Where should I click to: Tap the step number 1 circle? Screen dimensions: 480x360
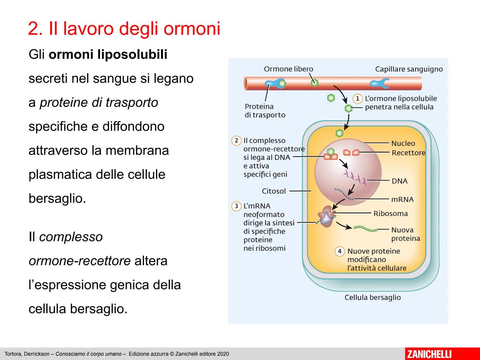358,99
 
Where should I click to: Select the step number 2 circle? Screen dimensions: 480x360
236,140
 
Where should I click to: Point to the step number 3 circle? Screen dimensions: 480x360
236,206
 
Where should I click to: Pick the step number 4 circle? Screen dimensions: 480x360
340,251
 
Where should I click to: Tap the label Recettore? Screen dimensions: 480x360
408,153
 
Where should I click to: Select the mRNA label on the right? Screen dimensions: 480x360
402,199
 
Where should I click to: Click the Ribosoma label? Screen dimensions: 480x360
391,213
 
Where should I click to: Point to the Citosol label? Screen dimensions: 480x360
274,191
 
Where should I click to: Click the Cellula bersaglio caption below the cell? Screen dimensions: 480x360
373,297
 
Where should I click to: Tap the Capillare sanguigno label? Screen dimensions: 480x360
409,69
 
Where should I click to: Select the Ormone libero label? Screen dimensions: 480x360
288,69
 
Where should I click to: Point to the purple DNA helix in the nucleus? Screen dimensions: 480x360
355,178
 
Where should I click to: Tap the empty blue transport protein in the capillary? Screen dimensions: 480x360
379,83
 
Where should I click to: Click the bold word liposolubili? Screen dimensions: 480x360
132,54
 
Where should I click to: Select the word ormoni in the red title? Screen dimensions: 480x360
192,28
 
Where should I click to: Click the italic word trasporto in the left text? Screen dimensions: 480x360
132,103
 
